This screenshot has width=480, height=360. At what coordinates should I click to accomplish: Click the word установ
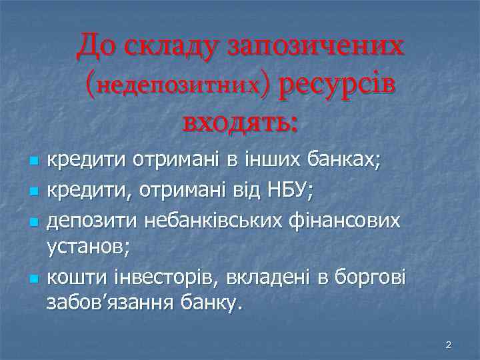tap(87, 247)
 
